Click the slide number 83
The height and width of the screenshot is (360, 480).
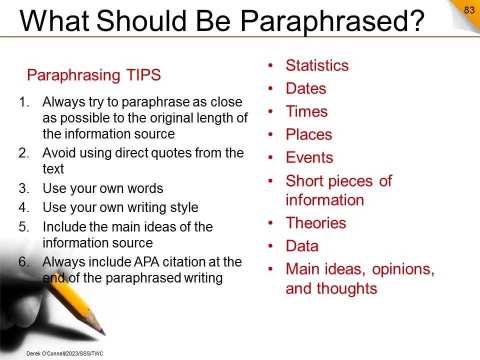[x=469, y=10]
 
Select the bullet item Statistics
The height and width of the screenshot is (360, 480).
[x=317, y=65]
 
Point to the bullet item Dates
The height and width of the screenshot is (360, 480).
[x=306, y=88]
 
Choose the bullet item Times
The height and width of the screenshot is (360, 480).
[x=306, y=111]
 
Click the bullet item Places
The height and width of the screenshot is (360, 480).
[x=309, y=134]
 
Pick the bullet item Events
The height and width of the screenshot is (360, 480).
[x=309, y=157]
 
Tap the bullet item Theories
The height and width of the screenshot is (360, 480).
[x=316, y=223]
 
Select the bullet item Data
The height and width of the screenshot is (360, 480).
[x=302, y=246]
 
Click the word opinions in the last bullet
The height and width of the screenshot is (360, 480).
[x=403, y=269]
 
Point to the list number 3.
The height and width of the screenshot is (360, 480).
[x=24, y=188]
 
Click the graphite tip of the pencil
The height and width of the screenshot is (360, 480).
[x=102, y=332]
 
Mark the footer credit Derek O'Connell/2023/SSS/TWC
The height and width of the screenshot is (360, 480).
[x=64, y=353]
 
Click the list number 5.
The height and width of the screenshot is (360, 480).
[x=24, y=227]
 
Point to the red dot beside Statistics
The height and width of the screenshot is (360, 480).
[x=270, y=65]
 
